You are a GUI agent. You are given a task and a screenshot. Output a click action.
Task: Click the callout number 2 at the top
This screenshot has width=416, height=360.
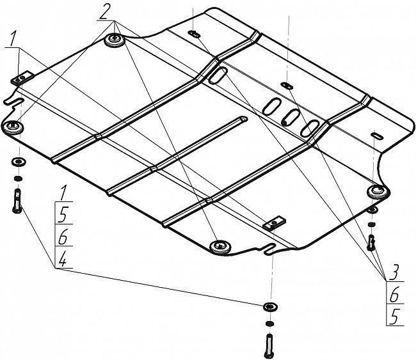click(x=103, y=12)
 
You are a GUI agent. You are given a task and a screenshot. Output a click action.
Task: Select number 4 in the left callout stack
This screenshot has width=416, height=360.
click(x=62, y=259)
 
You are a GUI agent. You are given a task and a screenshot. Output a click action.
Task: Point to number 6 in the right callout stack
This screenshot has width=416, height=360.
click(x=394, y=295)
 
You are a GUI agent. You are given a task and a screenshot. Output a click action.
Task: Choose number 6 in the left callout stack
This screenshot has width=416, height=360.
click(x=63, y=237)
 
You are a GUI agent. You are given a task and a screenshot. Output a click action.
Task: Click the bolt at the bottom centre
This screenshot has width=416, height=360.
click(x=269, y=345)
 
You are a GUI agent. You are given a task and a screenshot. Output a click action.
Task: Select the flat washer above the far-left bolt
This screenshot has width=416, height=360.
click(x=19, y=161)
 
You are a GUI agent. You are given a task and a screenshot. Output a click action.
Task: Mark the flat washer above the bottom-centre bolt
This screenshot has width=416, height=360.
click(x=270, y=307)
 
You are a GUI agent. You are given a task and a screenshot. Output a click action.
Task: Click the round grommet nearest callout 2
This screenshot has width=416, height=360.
click(x=115, y=40)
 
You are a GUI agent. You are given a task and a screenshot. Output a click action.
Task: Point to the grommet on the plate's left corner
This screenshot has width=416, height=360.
click(x=12, y=127)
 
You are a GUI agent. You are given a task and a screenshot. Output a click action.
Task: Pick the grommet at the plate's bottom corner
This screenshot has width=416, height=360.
click(x=220, y=247)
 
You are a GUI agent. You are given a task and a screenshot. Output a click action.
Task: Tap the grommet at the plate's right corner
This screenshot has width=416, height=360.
click(x=378, y=191)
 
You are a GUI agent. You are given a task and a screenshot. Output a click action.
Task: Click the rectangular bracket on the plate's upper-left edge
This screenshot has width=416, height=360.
click(x=22, y=78)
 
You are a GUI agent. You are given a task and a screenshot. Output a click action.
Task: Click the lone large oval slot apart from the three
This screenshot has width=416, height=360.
click(x=218, y=75)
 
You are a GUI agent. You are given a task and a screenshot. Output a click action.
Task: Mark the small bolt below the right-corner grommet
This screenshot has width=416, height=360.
click(x=371, y=242)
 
